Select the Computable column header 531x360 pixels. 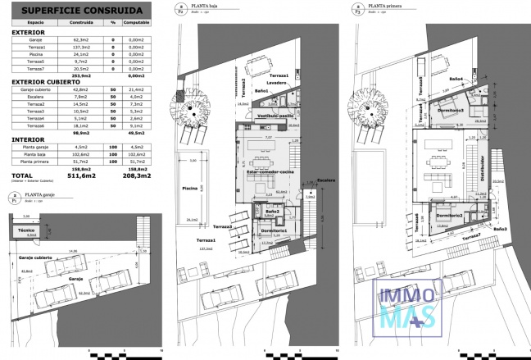click(x=135, y=24)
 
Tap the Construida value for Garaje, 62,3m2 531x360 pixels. click(x=82, y=39)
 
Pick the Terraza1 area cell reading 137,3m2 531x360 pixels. click(x=82, y=47)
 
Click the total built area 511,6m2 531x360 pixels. click(x=82, y=175)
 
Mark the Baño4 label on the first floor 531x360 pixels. click(x=456, y=80)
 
